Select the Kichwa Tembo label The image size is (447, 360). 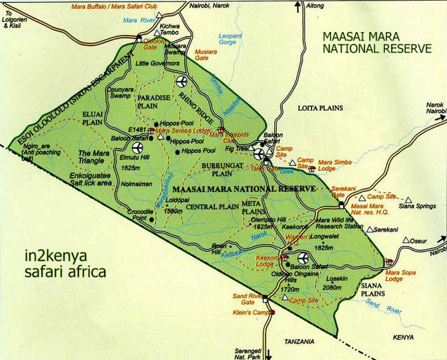(170, 29)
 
